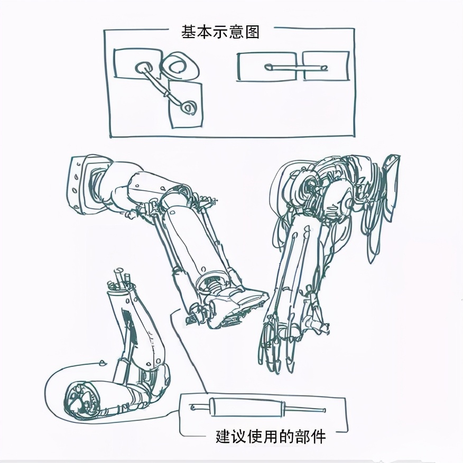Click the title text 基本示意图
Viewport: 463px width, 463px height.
pyautogui.click(x=220, y=32)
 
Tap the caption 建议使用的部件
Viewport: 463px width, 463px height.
pyautogui.click(x=271, y=437)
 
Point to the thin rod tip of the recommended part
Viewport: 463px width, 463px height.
pyautogui.click(x=324, y=411)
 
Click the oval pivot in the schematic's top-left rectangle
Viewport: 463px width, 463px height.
pyautogui.click(x=144, y=68)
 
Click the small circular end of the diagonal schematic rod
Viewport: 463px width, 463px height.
pyautogui.click(x=188, y=108)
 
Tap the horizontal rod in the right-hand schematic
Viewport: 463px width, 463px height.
pyautogui.click(x=296, y=68)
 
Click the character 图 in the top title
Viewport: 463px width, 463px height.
pyautogui.click(x=252, y=32)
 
